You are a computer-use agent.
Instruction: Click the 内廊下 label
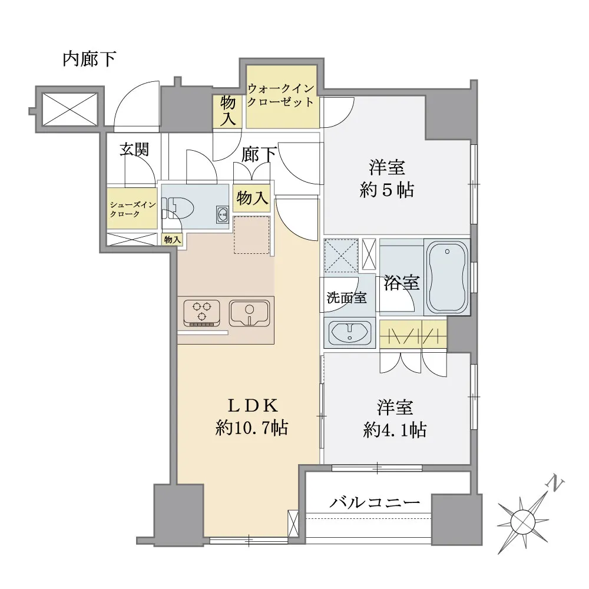[89, 59]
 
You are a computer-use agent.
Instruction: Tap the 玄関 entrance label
[134, 150]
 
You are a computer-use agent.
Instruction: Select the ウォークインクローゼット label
[280, 95]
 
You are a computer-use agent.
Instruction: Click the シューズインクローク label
[132, 209]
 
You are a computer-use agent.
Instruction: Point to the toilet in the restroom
[178, 208]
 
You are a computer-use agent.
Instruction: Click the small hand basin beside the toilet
[223, 215]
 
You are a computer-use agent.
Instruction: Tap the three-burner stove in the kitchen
[201, 312]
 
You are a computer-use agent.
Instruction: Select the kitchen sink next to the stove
[249, 313]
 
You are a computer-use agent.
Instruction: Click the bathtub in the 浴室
[447, 277]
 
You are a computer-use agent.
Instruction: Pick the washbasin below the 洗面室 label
[350, 332]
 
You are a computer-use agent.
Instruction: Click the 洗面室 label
[346, 297]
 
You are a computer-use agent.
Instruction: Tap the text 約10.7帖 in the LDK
[252, 428]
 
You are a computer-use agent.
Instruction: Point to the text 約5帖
[387, 190]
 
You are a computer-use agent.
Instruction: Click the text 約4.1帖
[395, 430]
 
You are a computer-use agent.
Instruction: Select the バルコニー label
[375, 502]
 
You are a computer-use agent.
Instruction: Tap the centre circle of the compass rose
[523, 521]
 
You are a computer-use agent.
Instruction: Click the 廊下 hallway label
[259, 154]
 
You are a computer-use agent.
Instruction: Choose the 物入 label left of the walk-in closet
[227, 111]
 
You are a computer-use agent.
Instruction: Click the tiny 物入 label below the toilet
[173, 240]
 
